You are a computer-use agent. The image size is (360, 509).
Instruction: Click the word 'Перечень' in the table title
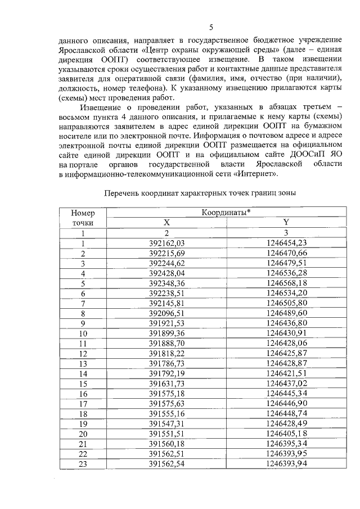pyautogui.click(x=124, y=193)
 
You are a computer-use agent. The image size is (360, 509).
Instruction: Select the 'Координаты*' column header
pyautogui.click(x=226, y=213)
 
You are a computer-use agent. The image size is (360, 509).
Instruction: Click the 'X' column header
pyautogui.click(x=166, y=223)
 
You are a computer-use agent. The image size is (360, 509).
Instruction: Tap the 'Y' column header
pyautogui.click(x=286, y=223)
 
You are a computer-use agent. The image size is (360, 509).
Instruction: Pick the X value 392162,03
pyautogui.click(x=167, y=244)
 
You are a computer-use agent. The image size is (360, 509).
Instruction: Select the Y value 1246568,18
pyautogui.click(x=286, y=283)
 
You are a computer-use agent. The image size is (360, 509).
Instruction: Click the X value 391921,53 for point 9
pyautogui.click(x=167, y=323)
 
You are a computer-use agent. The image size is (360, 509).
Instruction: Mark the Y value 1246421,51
pyautogui.click(x=286, y=373)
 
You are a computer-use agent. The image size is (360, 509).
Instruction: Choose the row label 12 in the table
pyautogui.click(x=83, y=354)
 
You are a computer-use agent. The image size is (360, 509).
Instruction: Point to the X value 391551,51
pyautogui.click(x=167, y=434)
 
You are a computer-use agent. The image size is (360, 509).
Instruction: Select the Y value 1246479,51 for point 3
pyautogui.click(x=286, y=263)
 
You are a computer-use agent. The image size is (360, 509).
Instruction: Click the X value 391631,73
pyautogui.click(x=167, y=384)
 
